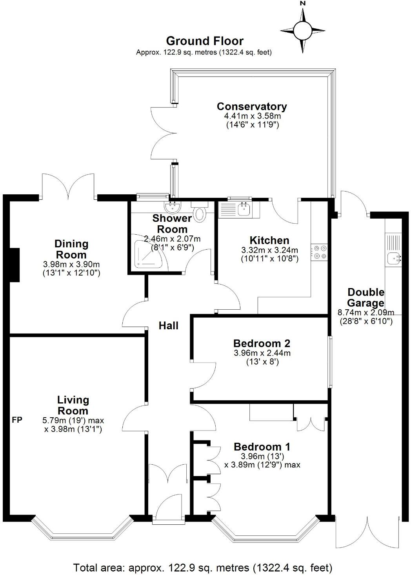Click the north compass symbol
pos(302,29)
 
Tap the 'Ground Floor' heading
pos(204,41)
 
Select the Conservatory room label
pos(252,106)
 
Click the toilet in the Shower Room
pos(200,212)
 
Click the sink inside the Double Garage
pos(393,258)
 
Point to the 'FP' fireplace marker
pos(17,420)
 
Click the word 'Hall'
pos(168,325)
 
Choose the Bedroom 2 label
pos(262,343)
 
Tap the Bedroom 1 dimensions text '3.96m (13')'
pos(262,456)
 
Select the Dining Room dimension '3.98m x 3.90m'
pos(71,264)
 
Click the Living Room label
pos(73,405)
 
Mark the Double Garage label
pos(366,298)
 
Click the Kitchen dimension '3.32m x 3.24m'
pos(269,250)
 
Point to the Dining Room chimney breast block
pos(14,265)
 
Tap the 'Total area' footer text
pos(203,567)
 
